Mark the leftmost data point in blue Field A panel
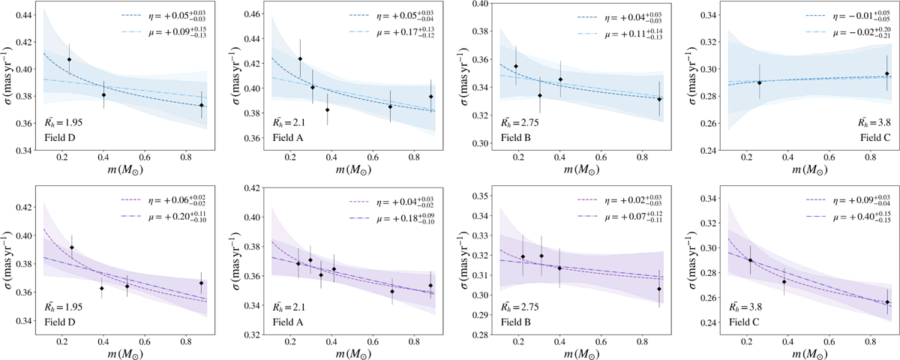pyautogui.click(x=300, y=58)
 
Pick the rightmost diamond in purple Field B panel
pyautogui.click(x=659, y=289)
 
